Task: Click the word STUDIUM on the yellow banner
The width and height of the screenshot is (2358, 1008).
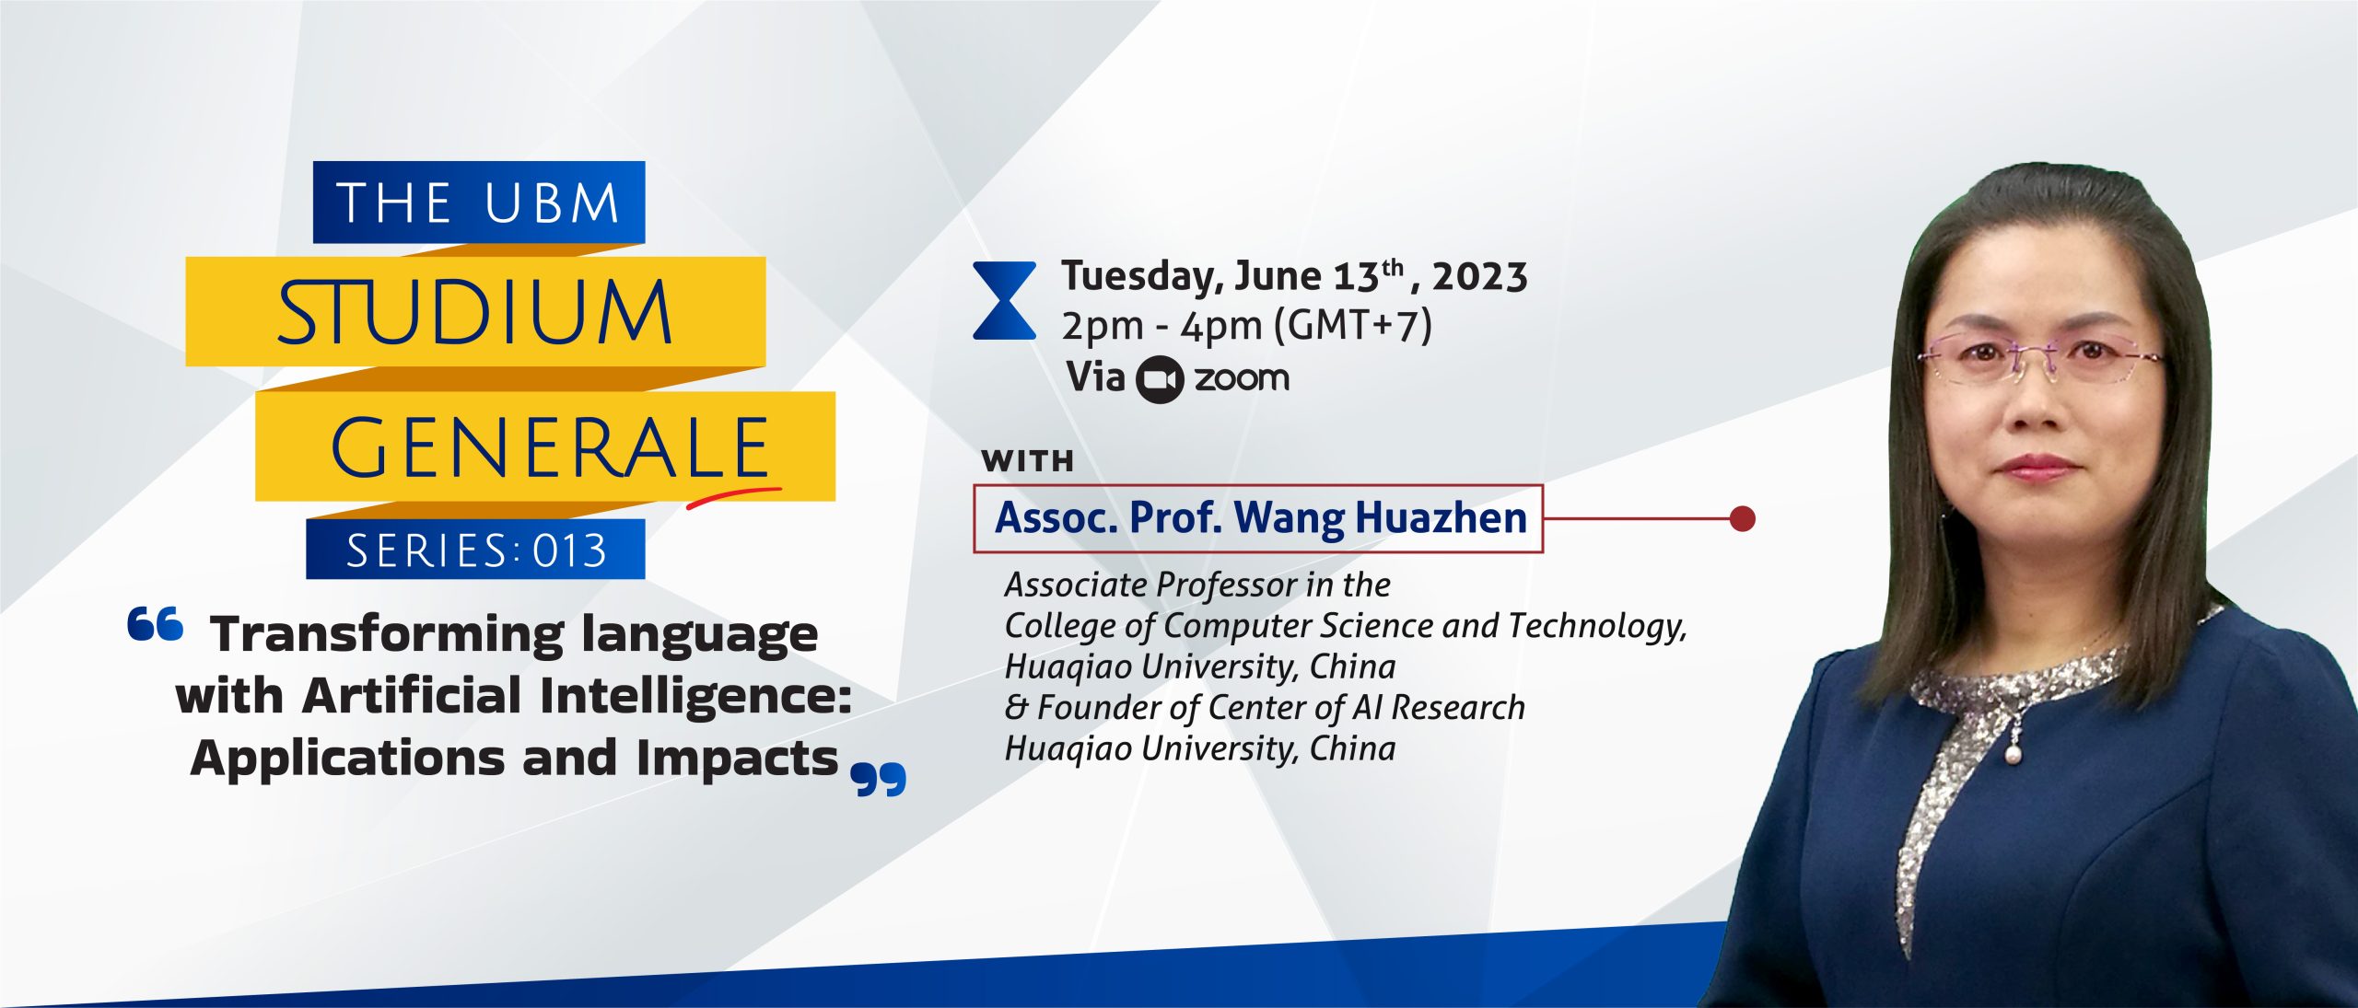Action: tap(475, 312)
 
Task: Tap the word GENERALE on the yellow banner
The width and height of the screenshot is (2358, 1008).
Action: tap(550, 447)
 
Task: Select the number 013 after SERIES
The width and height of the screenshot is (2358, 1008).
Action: tap(570, 550)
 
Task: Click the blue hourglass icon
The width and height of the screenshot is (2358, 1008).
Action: tap(1004, 301)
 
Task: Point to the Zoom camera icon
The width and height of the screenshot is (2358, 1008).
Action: tap(1159, 379)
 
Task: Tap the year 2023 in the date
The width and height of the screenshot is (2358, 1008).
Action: tap(1480, 276)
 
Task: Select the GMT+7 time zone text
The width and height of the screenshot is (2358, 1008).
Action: tap(1353, 326)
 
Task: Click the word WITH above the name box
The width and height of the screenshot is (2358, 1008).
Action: tap(1028, 460)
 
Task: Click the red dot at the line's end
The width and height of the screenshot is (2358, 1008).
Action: tap(1742, 519)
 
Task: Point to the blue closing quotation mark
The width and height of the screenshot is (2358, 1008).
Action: tap(879, 779)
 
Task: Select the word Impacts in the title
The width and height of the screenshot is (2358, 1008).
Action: tap(737, 759)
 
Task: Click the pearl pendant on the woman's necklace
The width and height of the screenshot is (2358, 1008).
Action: tap(2013, 756)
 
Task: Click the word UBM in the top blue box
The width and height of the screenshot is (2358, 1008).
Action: tap(552, 203)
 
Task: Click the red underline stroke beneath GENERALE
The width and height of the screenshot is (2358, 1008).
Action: tap(733, 496)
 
